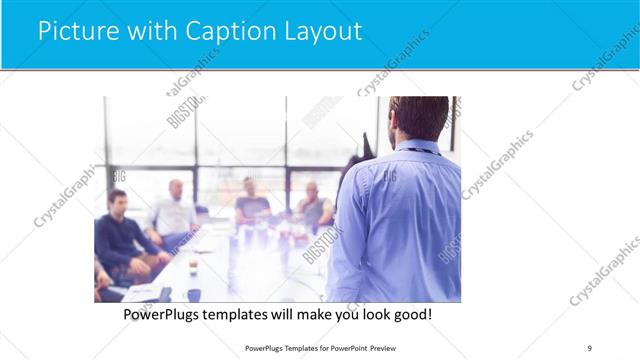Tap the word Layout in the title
pyautogui.click(x=320, y=31)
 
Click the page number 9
pyautogui.click(x=589, y=348)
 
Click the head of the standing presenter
pyautogui.click(x=420, y=118)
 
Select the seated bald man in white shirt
pyautogui.click(x=174, y=210)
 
